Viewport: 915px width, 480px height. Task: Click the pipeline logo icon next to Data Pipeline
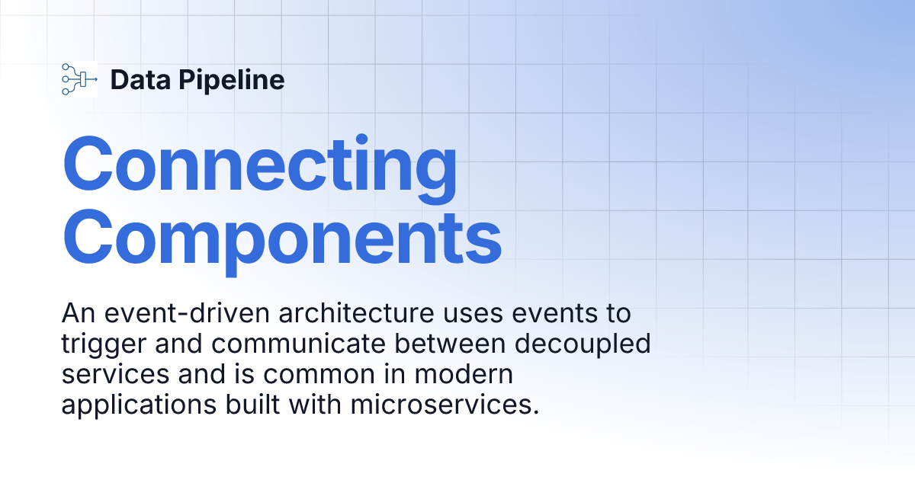pyautogui.click(x=79, y=79)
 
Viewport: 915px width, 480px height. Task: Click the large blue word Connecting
pyautogui.click(x=259, y=165)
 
